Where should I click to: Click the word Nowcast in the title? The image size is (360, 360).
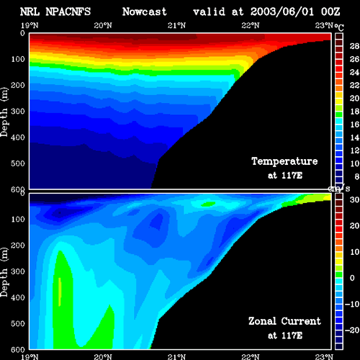(x=145, y=12)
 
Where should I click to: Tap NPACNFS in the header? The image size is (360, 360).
(x=68, y=12)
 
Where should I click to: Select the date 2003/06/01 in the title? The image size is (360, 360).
(x=282, y=12)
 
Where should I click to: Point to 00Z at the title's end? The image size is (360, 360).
(x=330, y=12)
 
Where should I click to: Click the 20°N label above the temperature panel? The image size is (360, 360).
(x=103, y=25)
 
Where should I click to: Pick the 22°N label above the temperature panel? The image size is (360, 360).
(x=251, y=25)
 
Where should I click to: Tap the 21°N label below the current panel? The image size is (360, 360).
(x=176, y=356)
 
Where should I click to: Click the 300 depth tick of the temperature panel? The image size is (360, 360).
(x=18, y=112)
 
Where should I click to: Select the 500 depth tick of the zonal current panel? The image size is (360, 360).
(x=18, y=324)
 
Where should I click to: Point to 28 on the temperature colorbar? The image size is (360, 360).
(x=354, y=46)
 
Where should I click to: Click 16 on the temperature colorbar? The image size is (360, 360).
(x=354, y=125)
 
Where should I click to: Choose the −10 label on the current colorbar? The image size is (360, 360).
(x=352, y=305)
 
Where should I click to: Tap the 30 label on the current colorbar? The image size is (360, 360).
(x=354, y=199)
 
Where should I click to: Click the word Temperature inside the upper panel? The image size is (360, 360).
(x=284, y=161)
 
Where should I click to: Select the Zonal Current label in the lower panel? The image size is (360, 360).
(x=284, y=321)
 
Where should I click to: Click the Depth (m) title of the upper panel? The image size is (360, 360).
(x=4, y=112)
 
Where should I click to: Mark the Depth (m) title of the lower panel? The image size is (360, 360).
(x=4, y=272)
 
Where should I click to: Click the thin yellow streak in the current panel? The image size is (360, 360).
(x=60, y=292)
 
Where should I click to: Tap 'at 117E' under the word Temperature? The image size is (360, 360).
(x=285, y=176)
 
